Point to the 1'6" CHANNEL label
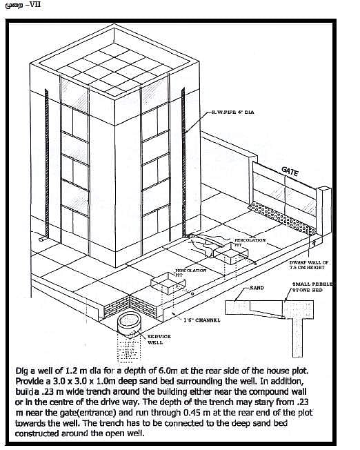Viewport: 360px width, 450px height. tap(202, 321)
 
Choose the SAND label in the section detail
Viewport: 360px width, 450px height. tap(257, 287)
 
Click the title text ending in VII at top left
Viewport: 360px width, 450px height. tap(22, 6)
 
